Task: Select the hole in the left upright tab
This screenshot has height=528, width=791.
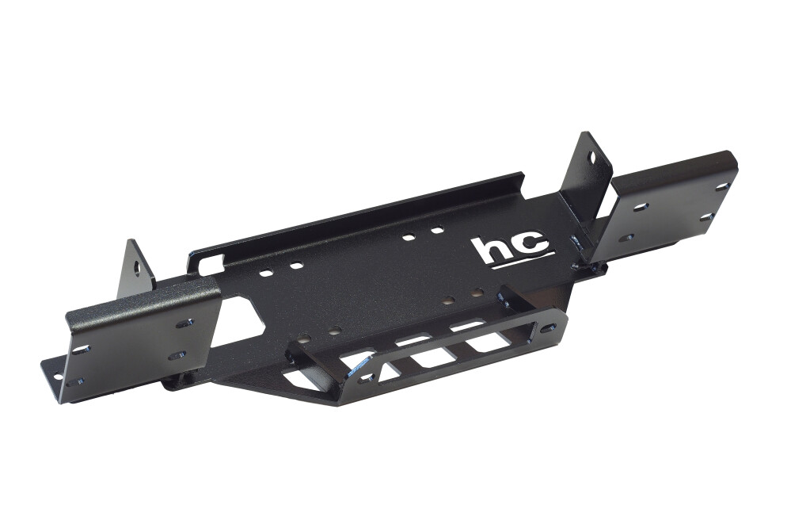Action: point(136,266)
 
